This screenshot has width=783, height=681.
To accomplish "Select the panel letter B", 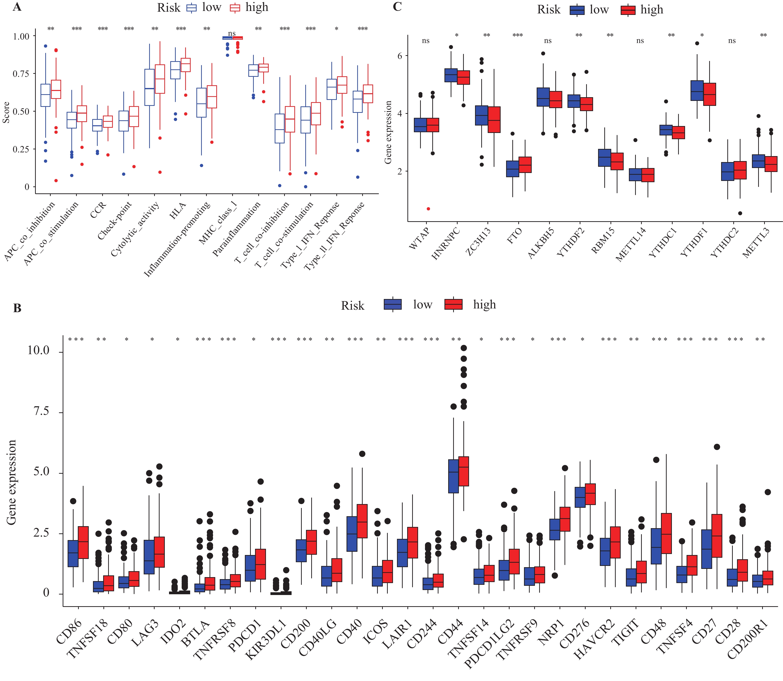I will (17, 308).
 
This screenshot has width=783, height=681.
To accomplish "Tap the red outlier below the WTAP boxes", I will (428, 209).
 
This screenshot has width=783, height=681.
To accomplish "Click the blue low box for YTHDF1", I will (697, 90).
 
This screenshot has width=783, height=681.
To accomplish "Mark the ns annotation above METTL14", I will (640, 41).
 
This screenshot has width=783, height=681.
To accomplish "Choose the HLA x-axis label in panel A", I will (177, 211).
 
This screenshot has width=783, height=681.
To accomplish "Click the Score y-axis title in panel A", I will (6, 112).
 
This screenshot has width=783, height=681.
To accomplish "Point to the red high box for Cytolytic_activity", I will (160, 79).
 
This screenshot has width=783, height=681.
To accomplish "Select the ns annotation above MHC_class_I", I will (232, 34).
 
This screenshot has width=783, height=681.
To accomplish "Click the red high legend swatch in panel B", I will (453, 304).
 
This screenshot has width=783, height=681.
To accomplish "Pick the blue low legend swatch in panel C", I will (577, 10).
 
